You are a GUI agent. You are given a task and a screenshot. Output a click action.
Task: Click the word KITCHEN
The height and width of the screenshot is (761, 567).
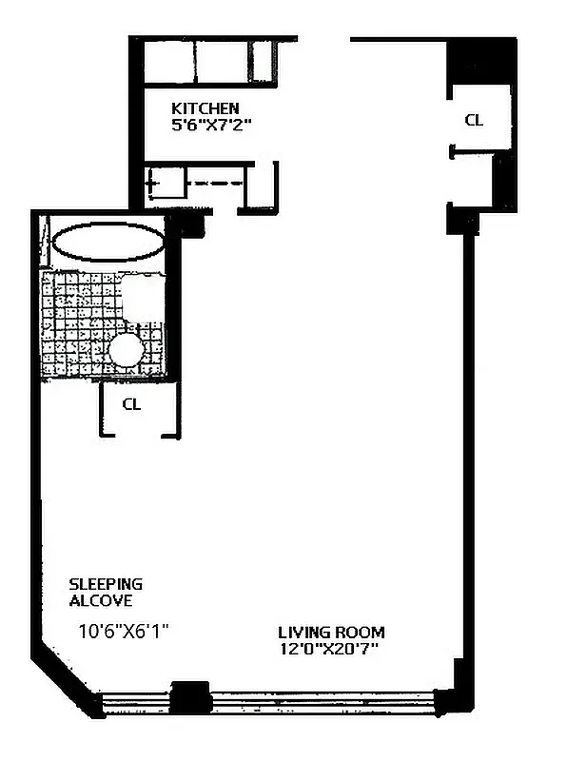click(205, 107)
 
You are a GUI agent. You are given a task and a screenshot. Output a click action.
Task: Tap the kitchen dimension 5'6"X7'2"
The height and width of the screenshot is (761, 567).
click(210, 124)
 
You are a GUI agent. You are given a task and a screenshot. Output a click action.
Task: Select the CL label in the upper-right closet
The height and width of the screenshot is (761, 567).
click(473, 120)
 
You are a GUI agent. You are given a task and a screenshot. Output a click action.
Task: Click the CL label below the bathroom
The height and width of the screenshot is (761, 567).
click(131, 403)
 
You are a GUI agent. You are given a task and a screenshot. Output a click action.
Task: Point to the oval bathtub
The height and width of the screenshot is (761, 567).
click(107, 242)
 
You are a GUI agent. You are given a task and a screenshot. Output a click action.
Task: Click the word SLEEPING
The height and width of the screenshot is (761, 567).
click(106, 583)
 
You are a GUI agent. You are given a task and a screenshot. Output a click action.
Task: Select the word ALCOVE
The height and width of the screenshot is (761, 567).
click(100, 600)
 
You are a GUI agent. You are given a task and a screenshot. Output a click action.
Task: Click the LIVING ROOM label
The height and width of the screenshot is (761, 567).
click(331, 632)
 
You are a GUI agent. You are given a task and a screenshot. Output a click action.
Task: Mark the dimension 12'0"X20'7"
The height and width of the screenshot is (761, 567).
click(331, 649)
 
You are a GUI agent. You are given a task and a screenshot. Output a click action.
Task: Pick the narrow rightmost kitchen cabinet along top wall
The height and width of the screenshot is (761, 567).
click(264, 62)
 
